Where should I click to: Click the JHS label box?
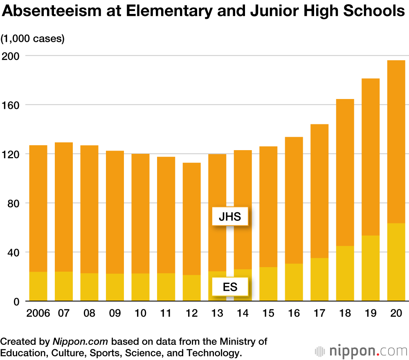230,217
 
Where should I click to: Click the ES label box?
230,286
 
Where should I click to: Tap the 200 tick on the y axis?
11,56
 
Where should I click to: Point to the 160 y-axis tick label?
11,105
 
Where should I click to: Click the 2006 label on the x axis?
38,313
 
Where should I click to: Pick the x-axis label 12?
191,313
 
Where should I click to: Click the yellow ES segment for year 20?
396,262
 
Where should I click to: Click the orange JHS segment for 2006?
38,209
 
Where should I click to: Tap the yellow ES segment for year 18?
345,273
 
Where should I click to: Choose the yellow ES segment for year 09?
115,287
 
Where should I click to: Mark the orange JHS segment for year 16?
294,200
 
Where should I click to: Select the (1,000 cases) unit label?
33,39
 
